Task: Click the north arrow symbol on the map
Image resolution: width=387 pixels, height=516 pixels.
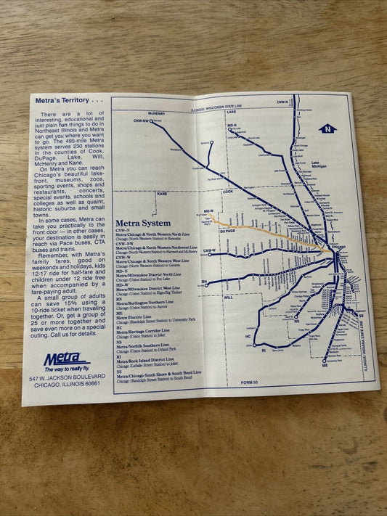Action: (x=327, y=128)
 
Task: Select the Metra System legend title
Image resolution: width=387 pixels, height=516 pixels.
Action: (x=142, y=223)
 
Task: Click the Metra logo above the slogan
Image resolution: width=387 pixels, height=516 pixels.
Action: (x=65, y=358)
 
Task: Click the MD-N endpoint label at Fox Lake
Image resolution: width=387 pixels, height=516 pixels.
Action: (x=231, y=126)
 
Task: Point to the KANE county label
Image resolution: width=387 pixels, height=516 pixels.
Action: (x=161, y=194)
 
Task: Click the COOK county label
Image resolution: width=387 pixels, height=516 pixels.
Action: (x=228, y=192)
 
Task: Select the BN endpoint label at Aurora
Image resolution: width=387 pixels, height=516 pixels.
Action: (x=204, y=282)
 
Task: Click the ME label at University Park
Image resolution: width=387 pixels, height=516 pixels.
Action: (x=325, y=365)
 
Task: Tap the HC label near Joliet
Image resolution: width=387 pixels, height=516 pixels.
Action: (x=248, y=337)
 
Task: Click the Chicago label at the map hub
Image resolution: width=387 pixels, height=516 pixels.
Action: (x=339, y=247)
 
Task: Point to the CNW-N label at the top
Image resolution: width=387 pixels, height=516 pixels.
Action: (x=282, y=102)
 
